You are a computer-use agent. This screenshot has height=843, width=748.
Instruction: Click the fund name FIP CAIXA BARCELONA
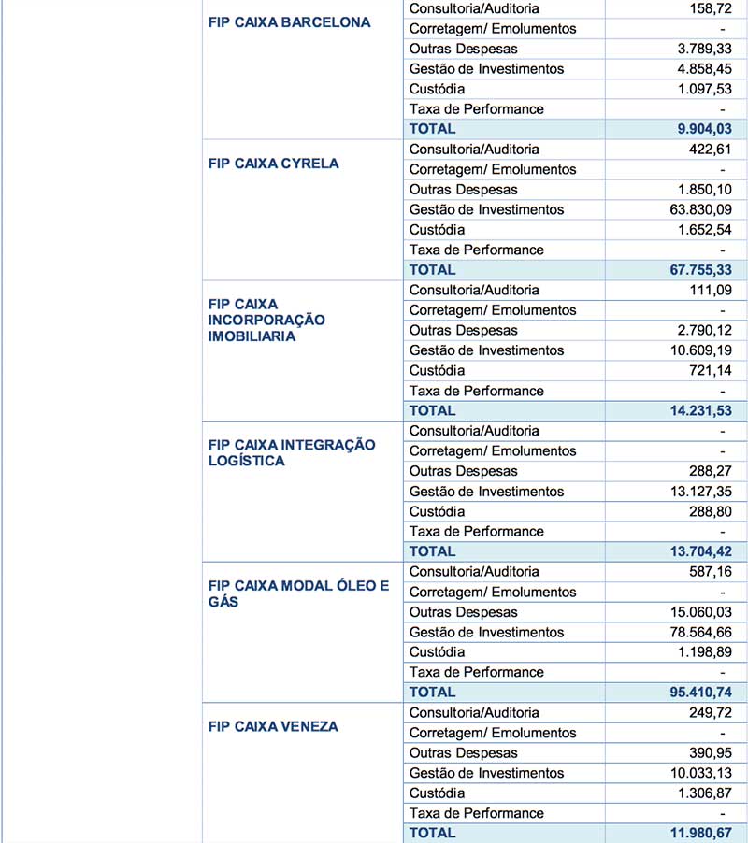(x=289, y=22)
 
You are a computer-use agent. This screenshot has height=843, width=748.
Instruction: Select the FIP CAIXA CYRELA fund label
(x=273, y=164)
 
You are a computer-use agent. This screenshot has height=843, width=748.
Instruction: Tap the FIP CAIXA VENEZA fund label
(x=273, y=726)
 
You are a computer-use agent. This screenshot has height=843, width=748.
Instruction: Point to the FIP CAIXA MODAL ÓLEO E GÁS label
(x=297, y=594)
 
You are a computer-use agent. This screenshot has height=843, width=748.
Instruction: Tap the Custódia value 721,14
(x=708, y=370)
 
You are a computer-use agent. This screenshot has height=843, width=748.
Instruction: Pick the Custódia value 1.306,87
(x=701, y=793)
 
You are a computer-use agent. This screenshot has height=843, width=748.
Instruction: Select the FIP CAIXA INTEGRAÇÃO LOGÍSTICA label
(x=291, y=452)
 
